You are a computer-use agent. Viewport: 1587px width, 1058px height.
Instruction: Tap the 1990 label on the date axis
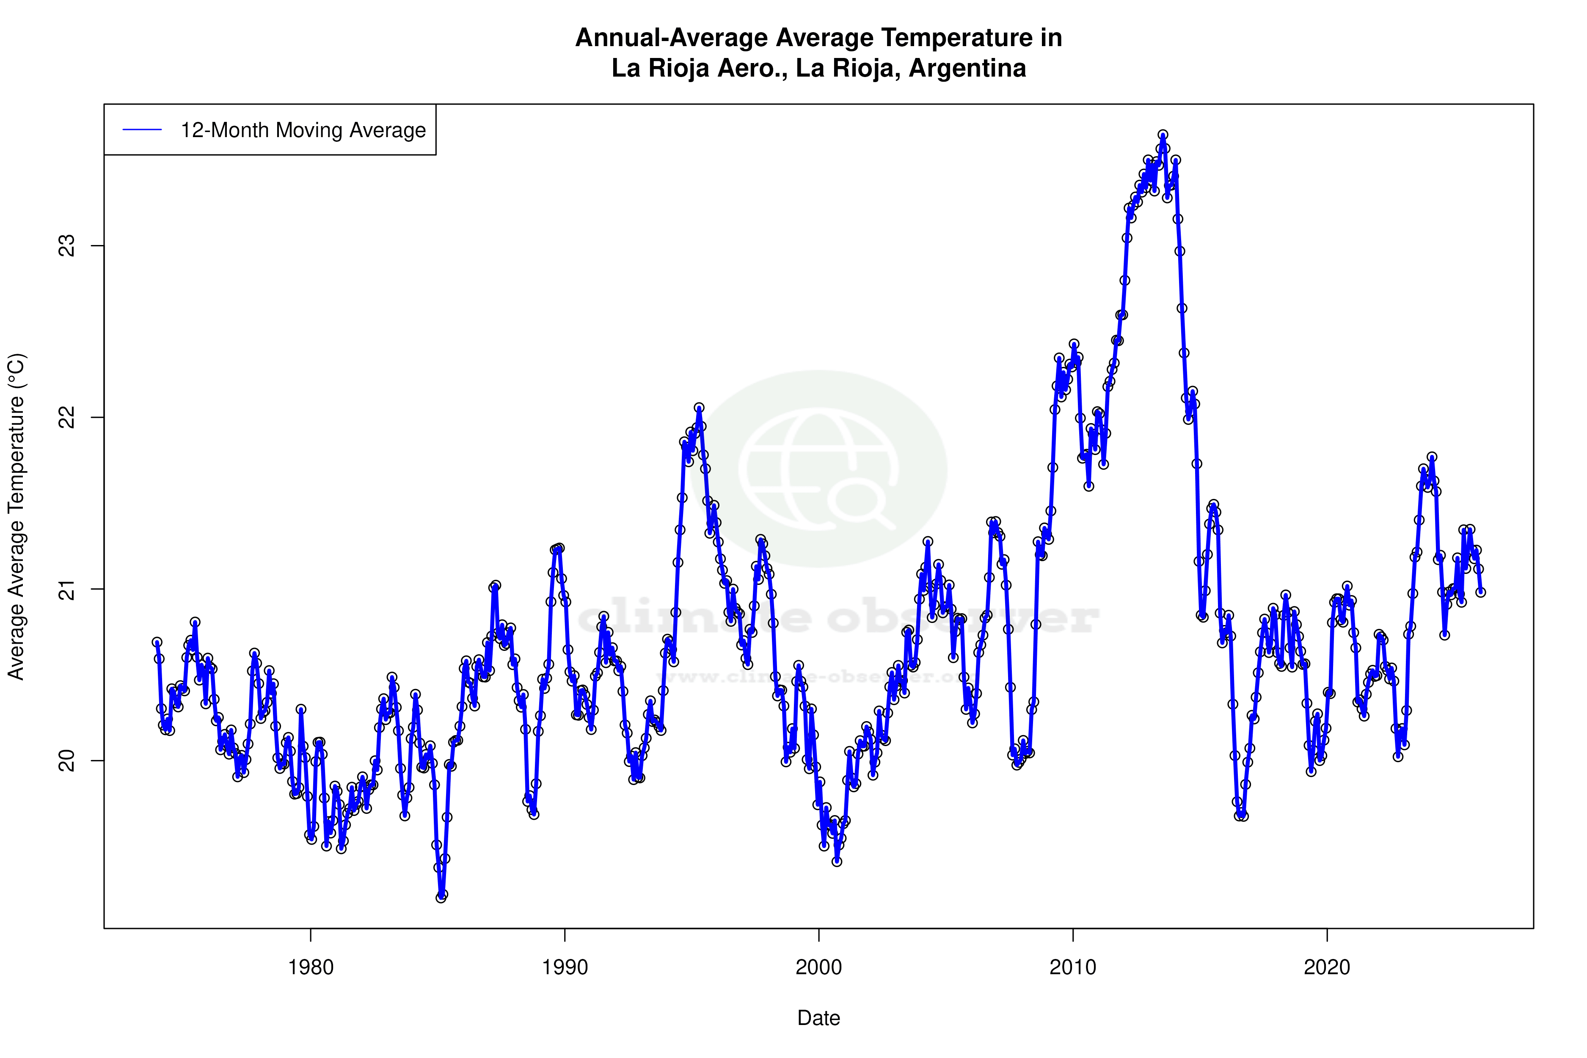pos(565,967)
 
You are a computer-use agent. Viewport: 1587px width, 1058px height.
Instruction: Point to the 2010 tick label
pos(1073,967)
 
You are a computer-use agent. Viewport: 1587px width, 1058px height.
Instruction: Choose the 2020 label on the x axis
pos(1327,967)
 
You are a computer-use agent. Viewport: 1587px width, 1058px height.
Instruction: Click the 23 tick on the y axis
pos(67,245)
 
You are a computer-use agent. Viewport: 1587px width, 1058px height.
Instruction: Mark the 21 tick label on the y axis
pos(67,589)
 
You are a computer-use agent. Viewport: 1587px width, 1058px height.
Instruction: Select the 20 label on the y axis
pos(67,761)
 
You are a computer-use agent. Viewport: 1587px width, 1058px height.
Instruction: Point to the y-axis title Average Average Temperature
pos(16,516)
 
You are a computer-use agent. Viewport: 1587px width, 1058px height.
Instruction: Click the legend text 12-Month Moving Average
pos(303,130)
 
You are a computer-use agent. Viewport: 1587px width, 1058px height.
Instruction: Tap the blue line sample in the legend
pos(142,130)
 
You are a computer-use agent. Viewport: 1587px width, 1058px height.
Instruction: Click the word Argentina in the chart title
pos(967,68)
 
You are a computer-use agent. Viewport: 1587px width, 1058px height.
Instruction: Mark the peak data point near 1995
pos(699,408)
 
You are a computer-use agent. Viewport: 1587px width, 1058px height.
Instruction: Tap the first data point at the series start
pos(157,642)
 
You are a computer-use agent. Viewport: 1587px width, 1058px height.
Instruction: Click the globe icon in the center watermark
pos(818,469)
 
